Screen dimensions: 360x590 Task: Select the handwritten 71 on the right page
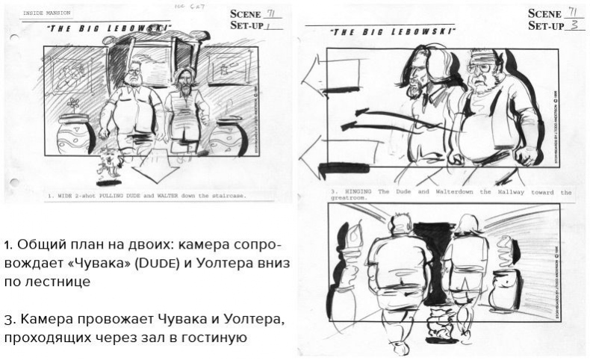[x=574, y=12]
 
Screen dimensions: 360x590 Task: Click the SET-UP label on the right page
[x=546, y=26]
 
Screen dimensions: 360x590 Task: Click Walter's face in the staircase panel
[x=134, y=77]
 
